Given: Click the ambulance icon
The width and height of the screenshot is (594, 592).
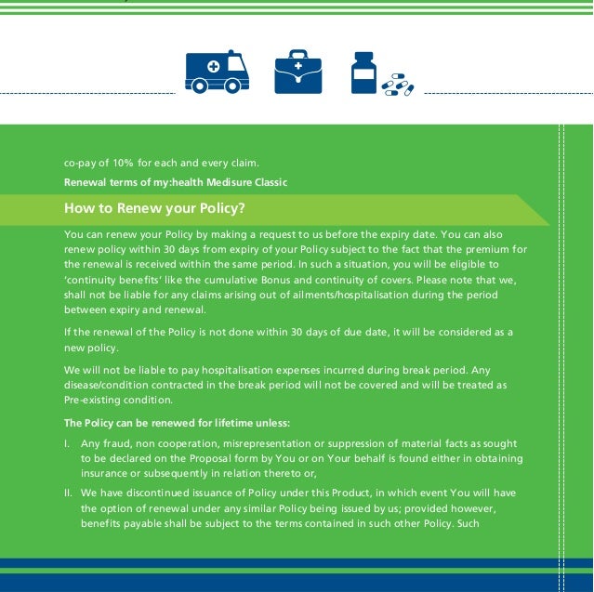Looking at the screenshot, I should click(217, 72).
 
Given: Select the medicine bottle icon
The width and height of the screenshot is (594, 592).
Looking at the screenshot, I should click(363, 72).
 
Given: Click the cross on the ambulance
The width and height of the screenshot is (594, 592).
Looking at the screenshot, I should click(213, 67).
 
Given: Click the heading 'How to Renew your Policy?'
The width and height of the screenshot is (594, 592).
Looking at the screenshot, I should click(154, 207).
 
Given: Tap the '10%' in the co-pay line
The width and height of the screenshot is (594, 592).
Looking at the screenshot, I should click(125, 164).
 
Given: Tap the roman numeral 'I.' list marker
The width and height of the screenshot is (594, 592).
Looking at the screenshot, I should click(67, 444).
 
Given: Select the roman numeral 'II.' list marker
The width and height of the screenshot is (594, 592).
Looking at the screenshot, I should click(69, 493).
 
